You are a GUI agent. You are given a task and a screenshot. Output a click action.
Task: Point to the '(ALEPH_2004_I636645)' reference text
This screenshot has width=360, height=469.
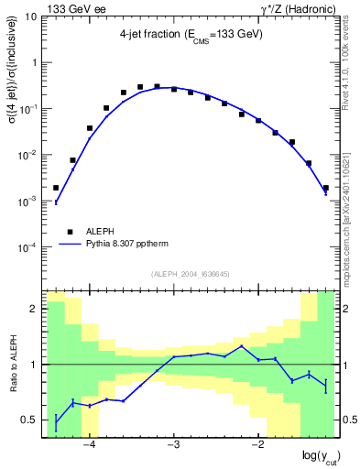click(191, 273)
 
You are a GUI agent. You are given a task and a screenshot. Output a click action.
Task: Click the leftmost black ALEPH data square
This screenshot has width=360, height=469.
click(56, 187)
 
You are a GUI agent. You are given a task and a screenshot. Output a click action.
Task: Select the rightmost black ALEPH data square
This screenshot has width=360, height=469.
click(325, 188)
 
